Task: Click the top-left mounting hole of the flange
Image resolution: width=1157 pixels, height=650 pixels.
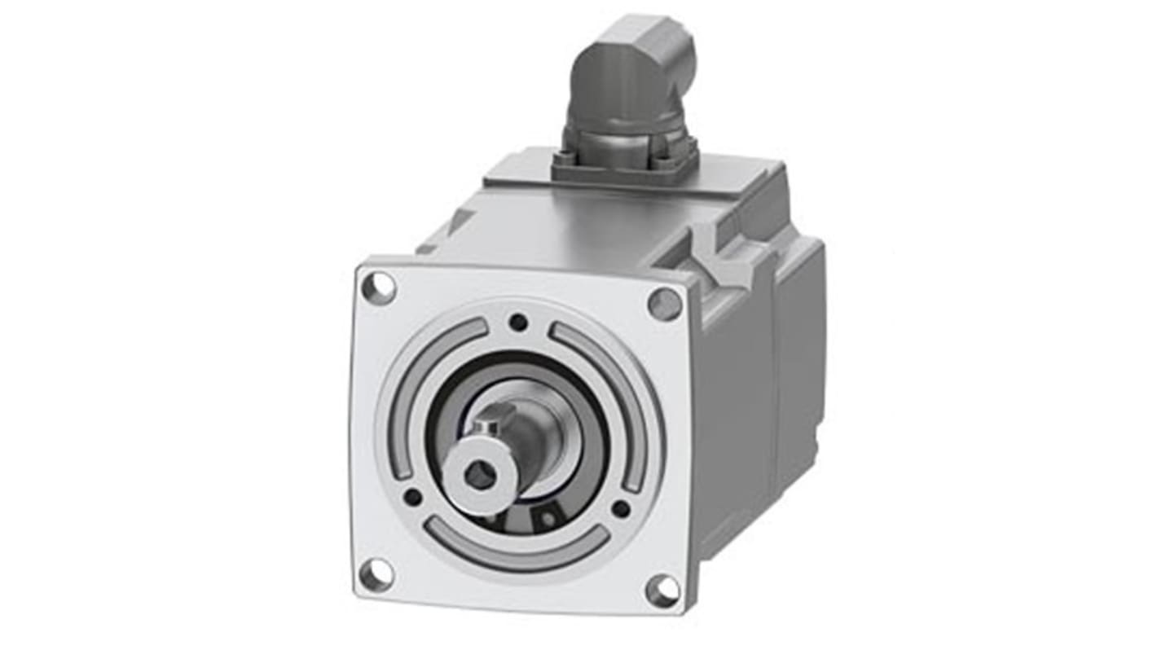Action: pyautogui.click(x=379, y=288)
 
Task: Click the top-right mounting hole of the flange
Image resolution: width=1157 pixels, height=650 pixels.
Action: pyautogui.click(x=664, y=304)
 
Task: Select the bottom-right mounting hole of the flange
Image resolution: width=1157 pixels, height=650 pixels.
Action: pyautogui.click(x=662, y=590)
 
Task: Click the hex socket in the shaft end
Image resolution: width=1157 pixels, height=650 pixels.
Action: pyautogui.click(x=481, y=475)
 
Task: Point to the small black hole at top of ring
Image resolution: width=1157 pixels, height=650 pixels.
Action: pyautogui.click(x=518, y=323)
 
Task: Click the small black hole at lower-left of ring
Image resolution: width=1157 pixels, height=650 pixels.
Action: pyautogui.click(x=413, y=496)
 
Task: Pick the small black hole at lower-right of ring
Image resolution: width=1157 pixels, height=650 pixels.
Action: pyautogui.click(x=621, y=509)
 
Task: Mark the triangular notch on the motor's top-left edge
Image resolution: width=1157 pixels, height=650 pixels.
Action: pyautogui.click(x=460, y=221)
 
